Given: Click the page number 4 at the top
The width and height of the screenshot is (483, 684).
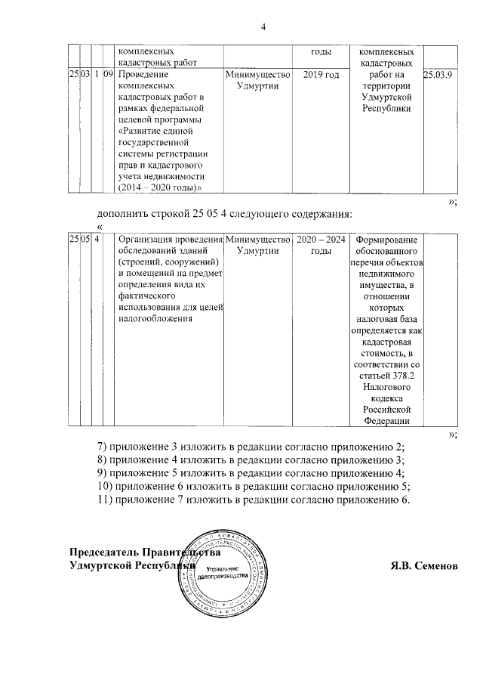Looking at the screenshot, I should point(263,28).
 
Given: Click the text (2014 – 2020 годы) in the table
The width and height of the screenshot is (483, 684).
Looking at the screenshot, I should point(162,187).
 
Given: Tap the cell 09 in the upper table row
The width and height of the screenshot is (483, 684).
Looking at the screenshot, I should point(108,76).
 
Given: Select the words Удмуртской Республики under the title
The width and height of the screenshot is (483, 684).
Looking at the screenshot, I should point(132,565).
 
